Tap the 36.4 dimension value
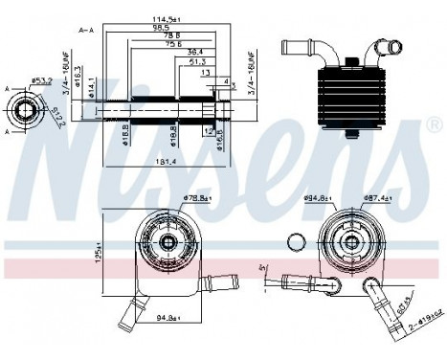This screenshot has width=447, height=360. (x=194, y=53)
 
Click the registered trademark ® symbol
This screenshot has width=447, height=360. (x=433, y=125)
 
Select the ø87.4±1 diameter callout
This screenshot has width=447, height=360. (x=380, y=199)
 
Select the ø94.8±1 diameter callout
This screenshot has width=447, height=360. (x=320, y=199)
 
